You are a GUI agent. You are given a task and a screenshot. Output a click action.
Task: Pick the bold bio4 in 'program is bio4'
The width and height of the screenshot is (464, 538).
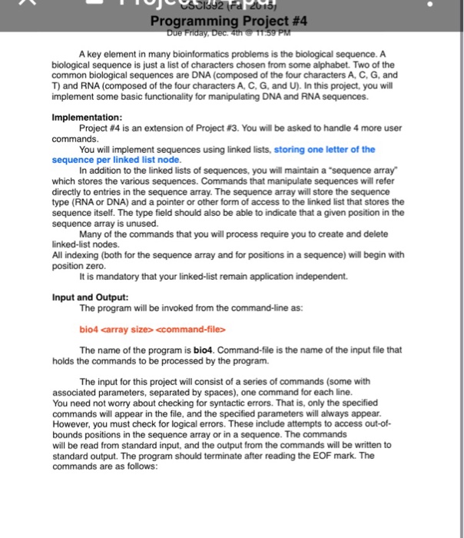(203, 350)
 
